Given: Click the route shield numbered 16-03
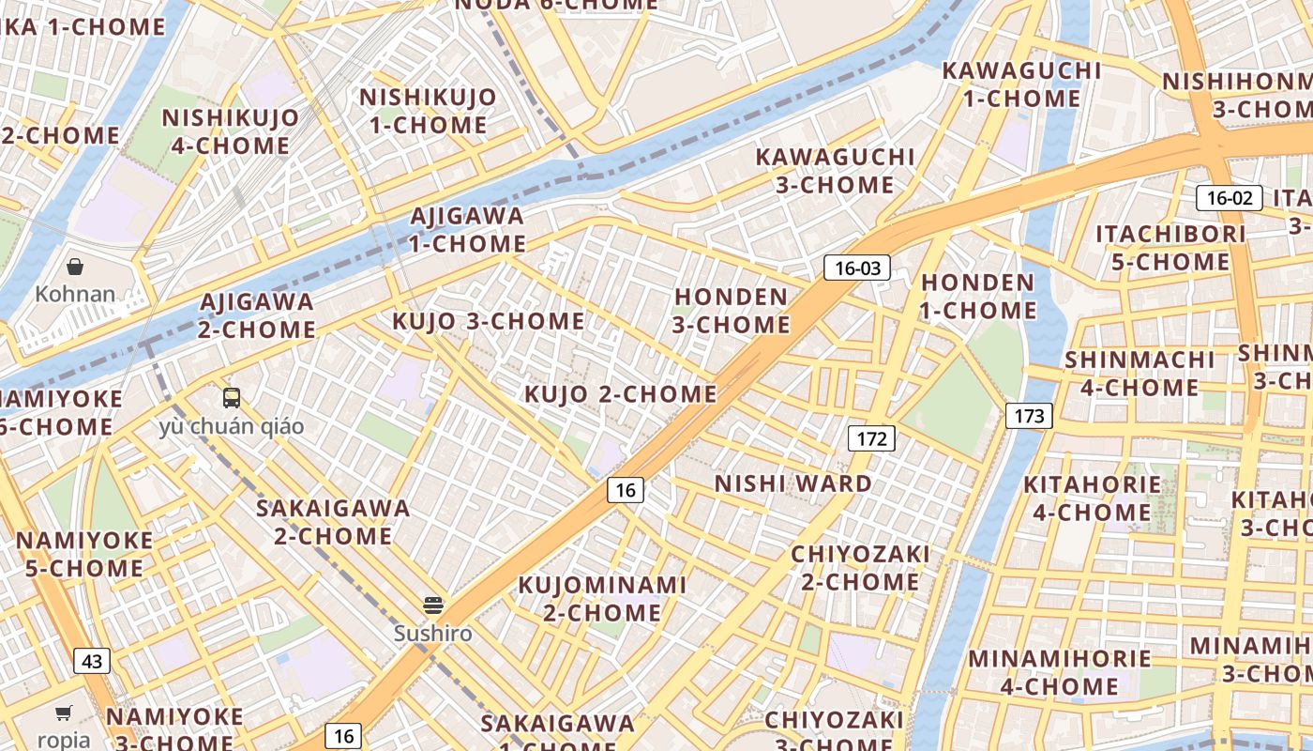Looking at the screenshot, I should [857, 268].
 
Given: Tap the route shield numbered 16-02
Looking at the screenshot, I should [1229, 198].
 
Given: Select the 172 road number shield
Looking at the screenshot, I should [871, 438].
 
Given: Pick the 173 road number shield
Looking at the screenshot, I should [1029, 416].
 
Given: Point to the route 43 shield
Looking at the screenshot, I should [92, 661].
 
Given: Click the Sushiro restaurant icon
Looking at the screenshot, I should [432, 605].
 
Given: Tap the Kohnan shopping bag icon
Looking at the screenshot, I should [75, 268].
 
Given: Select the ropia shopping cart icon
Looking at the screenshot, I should [64, 713].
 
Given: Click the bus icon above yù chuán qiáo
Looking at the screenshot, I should [232, 398].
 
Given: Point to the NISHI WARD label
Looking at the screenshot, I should [793, 484].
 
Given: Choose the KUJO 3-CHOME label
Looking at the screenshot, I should [489, 321].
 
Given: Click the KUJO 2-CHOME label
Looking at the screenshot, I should [620, 394].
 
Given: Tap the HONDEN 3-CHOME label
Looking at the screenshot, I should [732, 311].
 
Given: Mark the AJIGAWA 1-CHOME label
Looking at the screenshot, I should [468, 230].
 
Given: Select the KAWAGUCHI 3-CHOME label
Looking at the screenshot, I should [835, 171].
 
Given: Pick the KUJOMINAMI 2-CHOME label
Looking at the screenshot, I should [602, 599].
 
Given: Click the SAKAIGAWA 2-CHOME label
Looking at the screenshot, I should [333, 522].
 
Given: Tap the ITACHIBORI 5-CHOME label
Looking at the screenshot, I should [1170, 248].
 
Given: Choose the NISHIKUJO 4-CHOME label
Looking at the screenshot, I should [231, 131].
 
